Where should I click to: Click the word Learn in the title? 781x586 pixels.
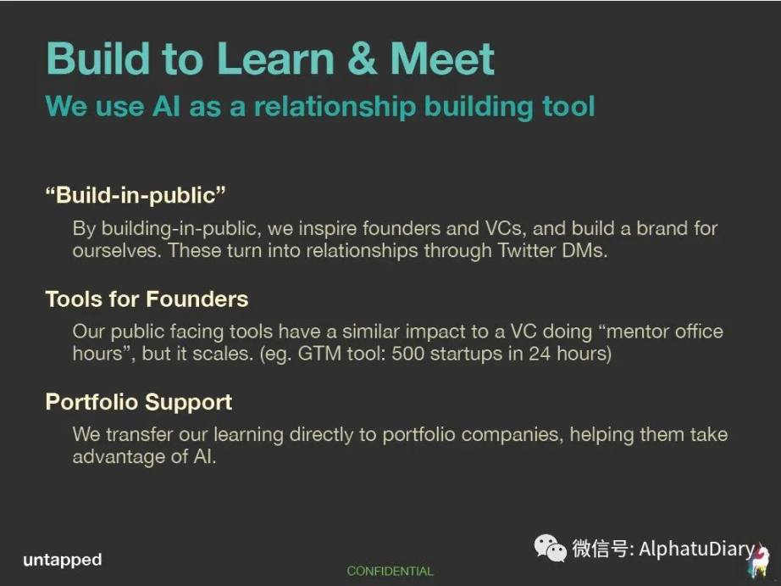275,59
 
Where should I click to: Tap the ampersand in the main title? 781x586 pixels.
362,59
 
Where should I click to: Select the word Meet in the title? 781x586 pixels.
442,59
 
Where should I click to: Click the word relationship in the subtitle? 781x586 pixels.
335,107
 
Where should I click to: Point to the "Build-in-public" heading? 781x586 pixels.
136,195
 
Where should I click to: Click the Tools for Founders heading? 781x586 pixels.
147,299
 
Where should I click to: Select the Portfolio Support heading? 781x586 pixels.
139,403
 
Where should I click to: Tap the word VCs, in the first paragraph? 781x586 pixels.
505,228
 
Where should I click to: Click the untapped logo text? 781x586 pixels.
63,560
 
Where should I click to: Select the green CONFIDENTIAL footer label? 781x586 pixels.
390,571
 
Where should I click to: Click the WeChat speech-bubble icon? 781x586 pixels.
550,548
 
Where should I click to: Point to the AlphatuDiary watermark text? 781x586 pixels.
696,549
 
